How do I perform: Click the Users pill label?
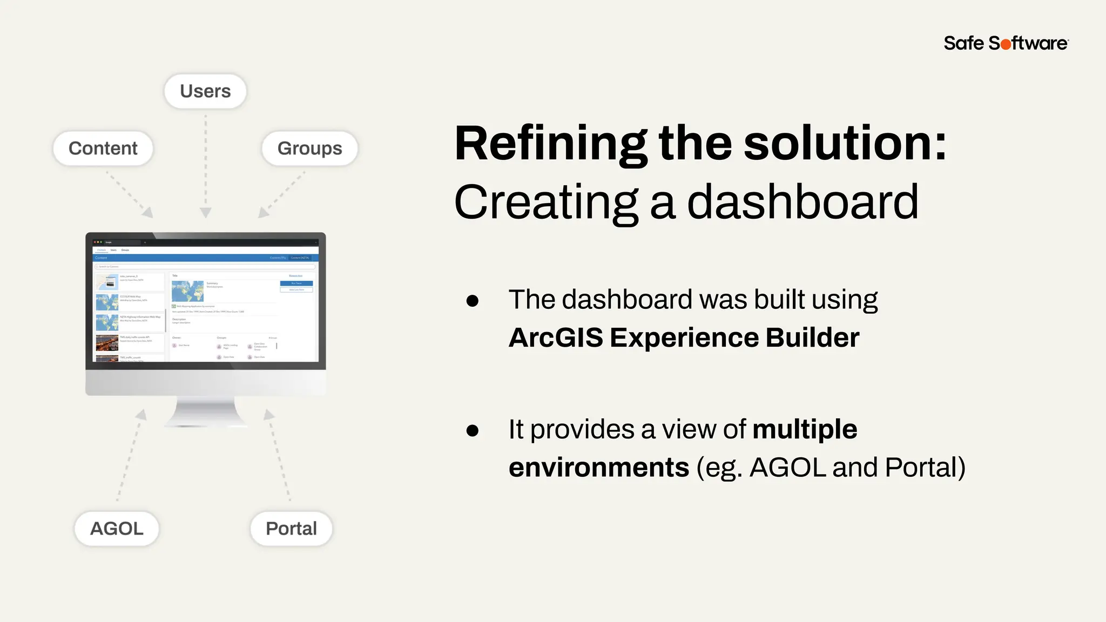(x=205, y=91)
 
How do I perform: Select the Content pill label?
(x=103, y=148)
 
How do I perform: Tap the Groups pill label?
(x=309, y=148)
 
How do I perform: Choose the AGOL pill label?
(x=117, y=529)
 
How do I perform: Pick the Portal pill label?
(x=291, y=529)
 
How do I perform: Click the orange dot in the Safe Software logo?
(x=1006, y=44)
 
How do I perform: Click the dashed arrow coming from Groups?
(x=282, y=194)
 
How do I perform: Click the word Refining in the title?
(x=550, y=144)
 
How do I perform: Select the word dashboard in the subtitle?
(x=802, y=202)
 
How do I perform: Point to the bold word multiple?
(x=804, y=430)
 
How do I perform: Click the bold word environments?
(x=598, y=468)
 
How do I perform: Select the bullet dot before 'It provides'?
(x=473, y=430)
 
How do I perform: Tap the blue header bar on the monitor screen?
(x=205, y=258)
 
